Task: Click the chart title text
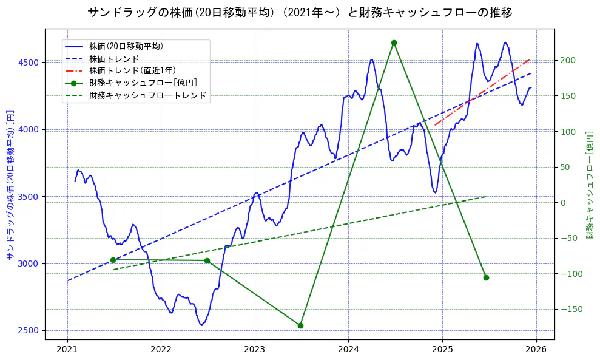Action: click(300, 13)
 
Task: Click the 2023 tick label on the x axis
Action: click(255, 350)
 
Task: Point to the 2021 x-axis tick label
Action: click(67, 350)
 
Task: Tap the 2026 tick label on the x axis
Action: click(536, 350)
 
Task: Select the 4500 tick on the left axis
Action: click(28, 63)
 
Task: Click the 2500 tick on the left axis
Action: click(28, 331)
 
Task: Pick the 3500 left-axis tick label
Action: click(28, 197)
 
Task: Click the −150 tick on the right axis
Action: click(570, 310)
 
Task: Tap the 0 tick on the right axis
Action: click(564, 203)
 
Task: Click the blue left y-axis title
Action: click(10, 185)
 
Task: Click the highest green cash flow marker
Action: click(394, 42)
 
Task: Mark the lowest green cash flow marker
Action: click(300, 325)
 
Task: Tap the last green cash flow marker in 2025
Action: click(486, 277)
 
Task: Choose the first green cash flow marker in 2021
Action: click(113, 260)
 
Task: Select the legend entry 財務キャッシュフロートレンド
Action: click(147, 95)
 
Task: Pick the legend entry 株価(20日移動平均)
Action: click(126, 46)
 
